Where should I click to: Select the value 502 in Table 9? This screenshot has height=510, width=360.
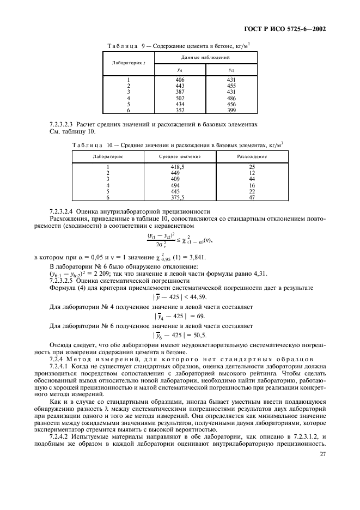point(180,98)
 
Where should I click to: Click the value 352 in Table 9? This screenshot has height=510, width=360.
point(180,110)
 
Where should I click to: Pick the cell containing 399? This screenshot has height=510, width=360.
point(230,110)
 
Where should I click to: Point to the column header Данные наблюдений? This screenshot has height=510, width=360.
point(205,57)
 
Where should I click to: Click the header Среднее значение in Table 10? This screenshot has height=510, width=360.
point(180,156)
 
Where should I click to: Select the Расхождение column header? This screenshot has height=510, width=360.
point(252,156)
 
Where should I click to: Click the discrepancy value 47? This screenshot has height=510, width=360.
point(252,197)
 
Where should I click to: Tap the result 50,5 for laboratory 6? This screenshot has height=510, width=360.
point(202,335)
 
